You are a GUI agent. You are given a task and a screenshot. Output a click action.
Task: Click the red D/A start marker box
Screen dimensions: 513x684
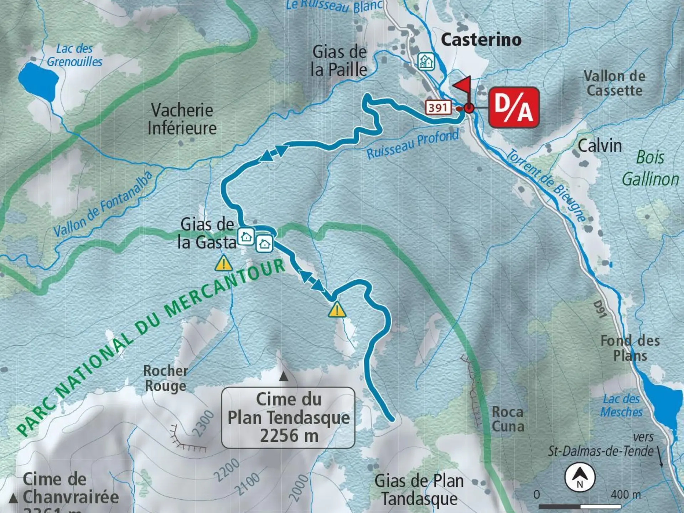[x=513, y=107]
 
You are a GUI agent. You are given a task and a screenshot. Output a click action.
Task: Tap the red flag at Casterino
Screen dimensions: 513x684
[x=463, y=86]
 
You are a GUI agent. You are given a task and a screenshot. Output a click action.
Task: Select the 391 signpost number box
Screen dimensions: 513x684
[x=438, y=107]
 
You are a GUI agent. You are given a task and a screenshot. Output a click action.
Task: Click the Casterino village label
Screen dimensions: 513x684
[x=481, y=40]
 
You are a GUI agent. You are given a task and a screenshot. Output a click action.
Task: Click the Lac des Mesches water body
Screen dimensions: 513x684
[x=662, y=404]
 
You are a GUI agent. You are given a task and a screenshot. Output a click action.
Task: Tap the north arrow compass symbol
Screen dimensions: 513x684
[x=580, y=477]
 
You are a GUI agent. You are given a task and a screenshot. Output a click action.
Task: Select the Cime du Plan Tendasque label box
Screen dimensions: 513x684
[x=288, y=418]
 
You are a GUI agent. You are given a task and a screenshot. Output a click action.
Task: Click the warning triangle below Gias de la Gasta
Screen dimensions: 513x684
[x=224, y=264]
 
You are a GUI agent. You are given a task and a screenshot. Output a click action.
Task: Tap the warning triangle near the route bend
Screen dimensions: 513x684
[x=337, y=310]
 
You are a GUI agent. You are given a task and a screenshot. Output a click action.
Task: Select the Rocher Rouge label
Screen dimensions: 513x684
[x=165, y=378]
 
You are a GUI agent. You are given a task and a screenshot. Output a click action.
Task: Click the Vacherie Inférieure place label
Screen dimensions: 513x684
[x=182, y=119]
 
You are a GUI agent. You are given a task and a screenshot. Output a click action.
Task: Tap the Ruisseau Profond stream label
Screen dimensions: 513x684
[x=413, y=144]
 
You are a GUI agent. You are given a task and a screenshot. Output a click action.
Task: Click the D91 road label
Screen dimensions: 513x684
[x=600, y=309]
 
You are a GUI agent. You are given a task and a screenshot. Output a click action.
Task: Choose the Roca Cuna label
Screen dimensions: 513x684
[x=508, y=419]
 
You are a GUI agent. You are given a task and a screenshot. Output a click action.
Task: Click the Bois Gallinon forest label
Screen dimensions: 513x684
[x=650, y=168]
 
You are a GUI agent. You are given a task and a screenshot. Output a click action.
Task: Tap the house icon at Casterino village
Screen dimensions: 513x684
[x=426, y=61]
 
